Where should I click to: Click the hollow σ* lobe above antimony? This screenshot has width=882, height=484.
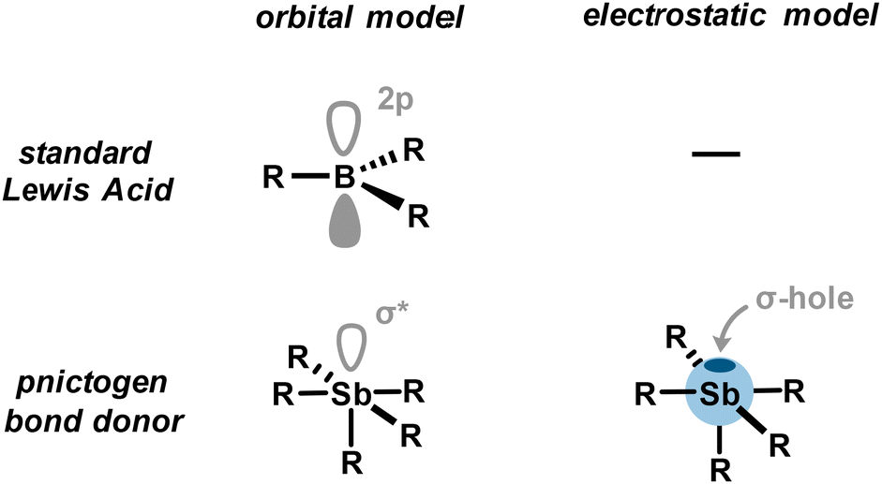[351, 346]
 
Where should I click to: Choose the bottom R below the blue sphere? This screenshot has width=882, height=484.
[720, 463]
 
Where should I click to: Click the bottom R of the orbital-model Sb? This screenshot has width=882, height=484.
[351, 462]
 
